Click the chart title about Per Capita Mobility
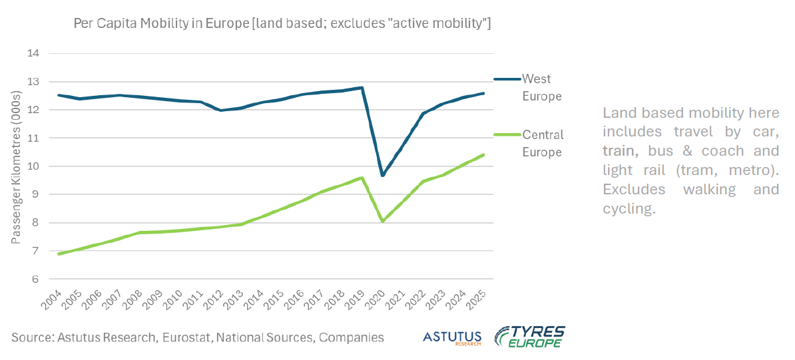[282, 25]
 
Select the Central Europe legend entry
[542, 143]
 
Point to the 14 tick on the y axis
[33, 53]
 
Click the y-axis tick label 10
[33, 166]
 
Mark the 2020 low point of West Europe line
[382, 176]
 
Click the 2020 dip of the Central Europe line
[382, 222]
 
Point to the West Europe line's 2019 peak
[362, 87]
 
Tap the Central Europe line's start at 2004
[59, 254]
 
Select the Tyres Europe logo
[530, 337]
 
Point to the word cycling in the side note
[629, 208]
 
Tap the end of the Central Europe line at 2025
[483, 154]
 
